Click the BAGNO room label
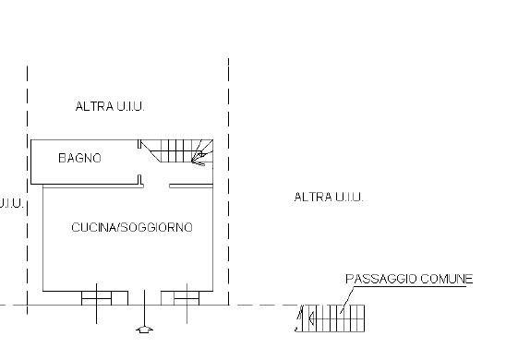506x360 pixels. [79, 159]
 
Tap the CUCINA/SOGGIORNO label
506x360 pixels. [132, 227]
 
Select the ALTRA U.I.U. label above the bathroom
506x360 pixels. [111, 107]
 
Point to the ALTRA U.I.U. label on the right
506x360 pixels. [329, 197]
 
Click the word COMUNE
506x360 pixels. [450, 278]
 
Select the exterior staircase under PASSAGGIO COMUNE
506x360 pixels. [335, 318]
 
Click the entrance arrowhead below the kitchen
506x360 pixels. [144, 329]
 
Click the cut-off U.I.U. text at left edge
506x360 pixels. [9, 202]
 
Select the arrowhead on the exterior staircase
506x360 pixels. [309, 319]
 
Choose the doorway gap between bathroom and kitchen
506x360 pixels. [154, 184]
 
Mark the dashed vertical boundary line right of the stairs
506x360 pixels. [228, 185]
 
